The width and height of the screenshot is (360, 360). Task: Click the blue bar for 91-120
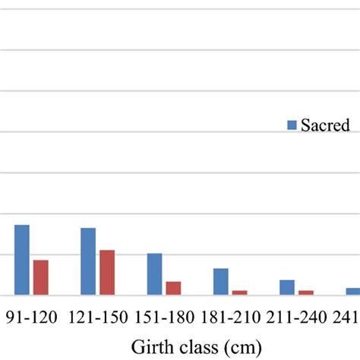click(22, 260)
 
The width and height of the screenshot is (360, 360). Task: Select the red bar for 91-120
click(40, 277)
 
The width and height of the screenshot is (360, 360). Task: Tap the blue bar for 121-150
click(88, 261)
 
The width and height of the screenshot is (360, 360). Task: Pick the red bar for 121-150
click(107, 272)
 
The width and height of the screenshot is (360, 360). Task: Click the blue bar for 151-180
click(155, 273)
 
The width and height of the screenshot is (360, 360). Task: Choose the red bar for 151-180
click(173, 288)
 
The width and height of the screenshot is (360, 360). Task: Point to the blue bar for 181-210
click(221, 281)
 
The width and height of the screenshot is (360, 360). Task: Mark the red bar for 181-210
click(240, 292)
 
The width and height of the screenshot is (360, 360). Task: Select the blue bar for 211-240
click(287, 287)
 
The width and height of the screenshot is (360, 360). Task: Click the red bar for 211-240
click(306, 292)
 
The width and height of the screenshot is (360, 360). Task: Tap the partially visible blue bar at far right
click(353, 291)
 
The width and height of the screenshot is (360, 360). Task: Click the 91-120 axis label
click(32, 317)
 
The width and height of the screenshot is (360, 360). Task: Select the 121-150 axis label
click(98, 317)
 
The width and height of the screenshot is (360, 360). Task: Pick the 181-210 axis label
click(231, 317)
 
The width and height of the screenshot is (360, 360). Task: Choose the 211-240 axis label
click(297, 317)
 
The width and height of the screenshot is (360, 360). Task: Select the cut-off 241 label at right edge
click(347, 317)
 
